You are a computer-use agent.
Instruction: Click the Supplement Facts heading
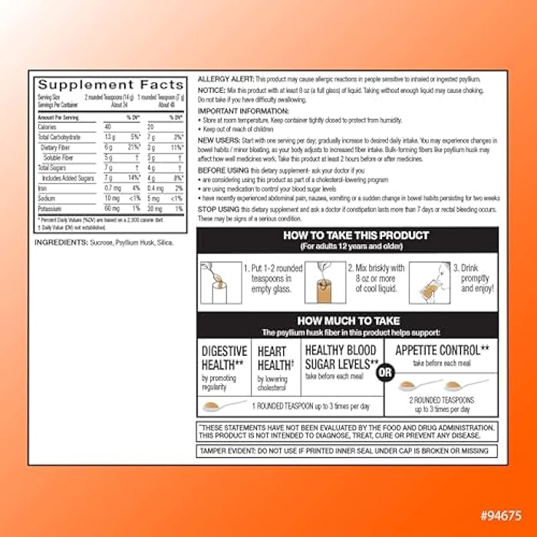click(x=110, y=85)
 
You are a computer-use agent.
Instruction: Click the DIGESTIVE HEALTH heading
click(x=224, y=357)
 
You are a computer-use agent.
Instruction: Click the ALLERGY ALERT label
click(x=226, y=79)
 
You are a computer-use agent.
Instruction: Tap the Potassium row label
click(x=52, y=207)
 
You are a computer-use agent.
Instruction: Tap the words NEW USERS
click(x=217, y=140)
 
